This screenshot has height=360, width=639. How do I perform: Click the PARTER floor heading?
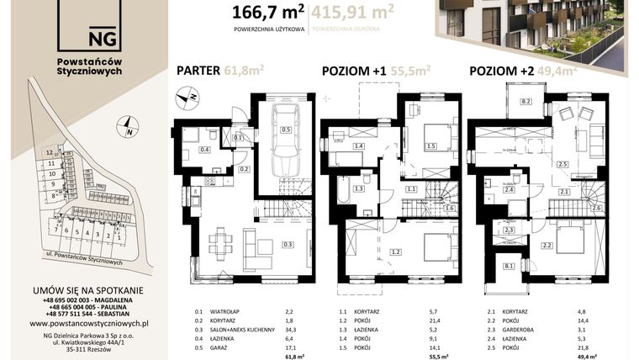click(198, 71)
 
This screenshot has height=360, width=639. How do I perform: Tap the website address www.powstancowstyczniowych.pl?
click(89, 323)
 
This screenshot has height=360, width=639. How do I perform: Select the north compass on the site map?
click(128, 130)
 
